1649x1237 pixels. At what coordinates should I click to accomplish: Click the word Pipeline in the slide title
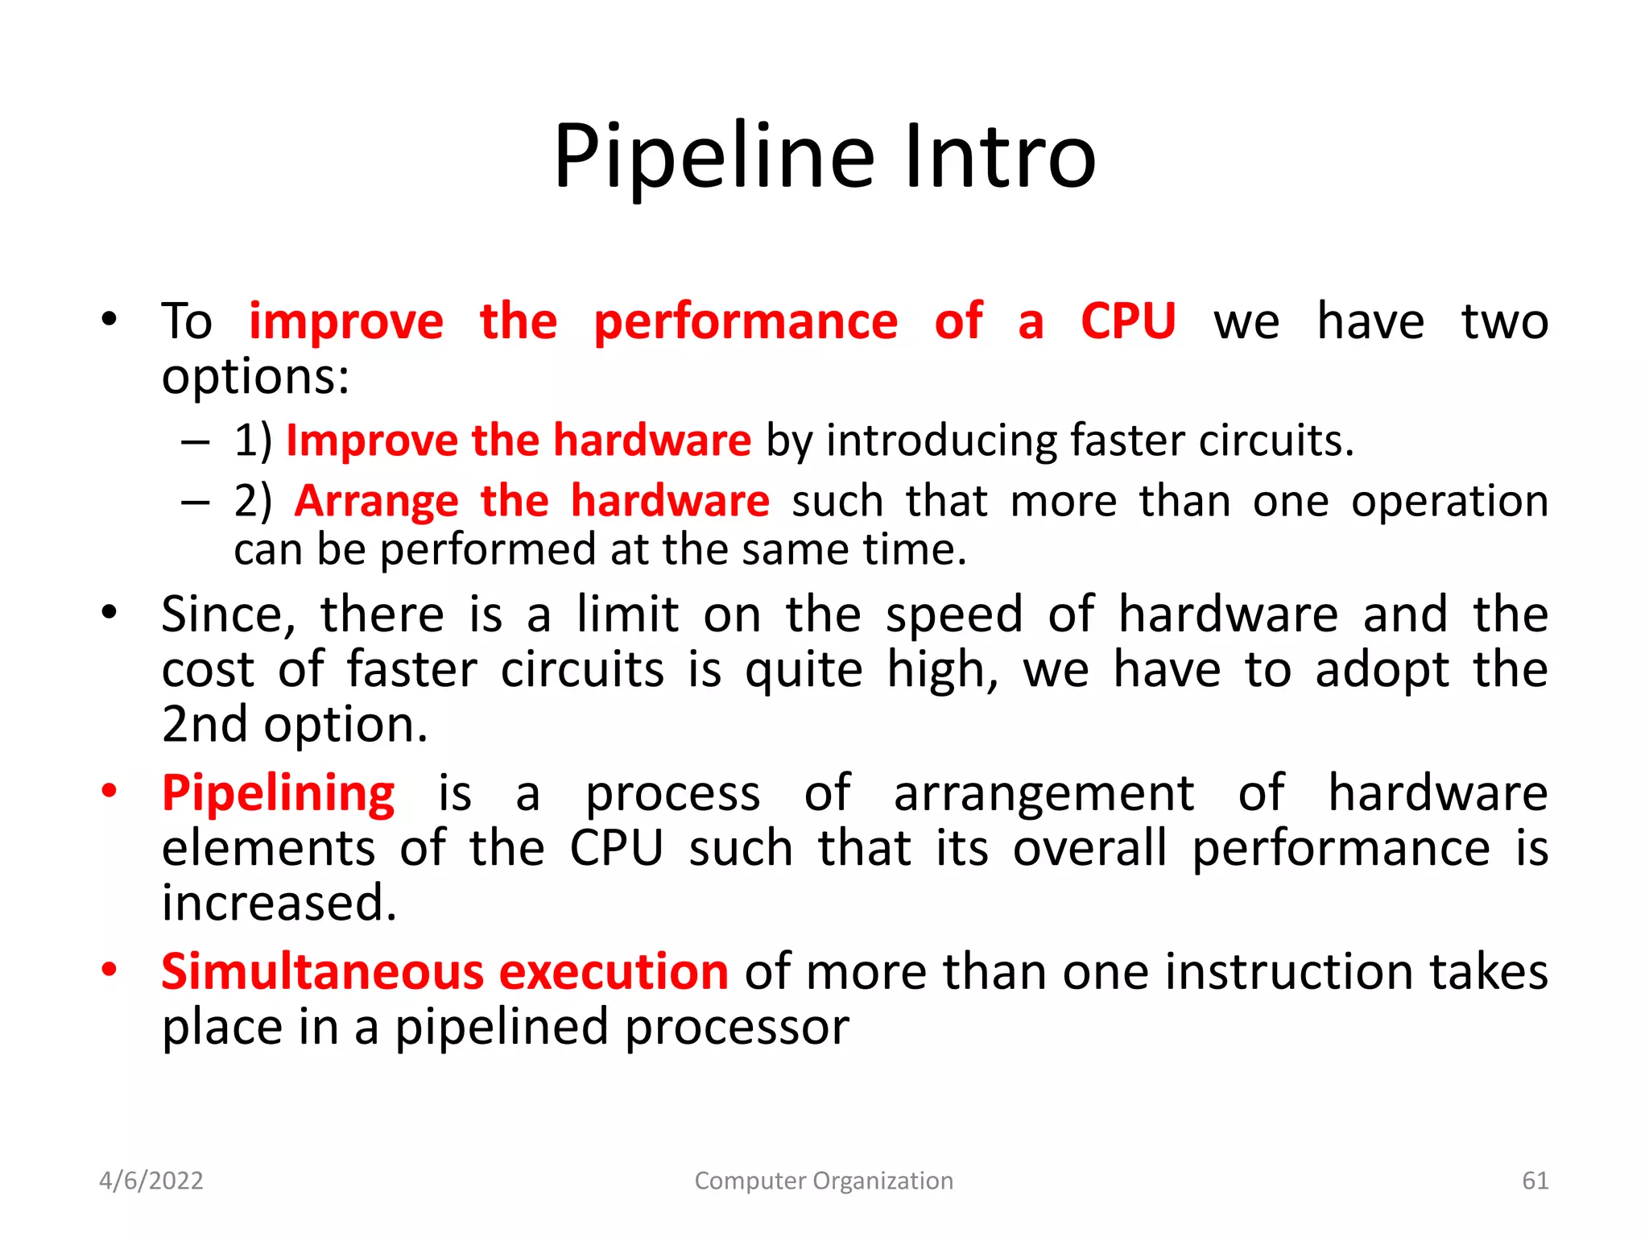713,157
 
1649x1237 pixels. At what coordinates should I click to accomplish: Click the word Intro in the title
999,157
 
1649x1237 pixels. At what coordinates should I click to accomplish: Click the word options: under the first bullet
255,377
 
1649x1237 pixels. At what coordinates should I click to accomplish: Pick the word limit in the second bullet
628,614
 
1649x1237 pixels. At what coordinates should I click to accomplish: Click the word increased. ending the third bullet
279,904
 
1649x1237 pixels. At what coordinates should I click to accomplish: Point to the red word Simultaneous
322,972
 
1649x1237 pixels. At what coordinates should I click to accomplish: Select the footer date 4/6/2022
151,1181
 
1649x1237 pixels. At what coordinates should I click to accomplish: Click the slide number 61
1535,1181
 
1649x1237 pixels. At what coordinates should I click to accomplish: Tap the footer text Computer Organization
824,1181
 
